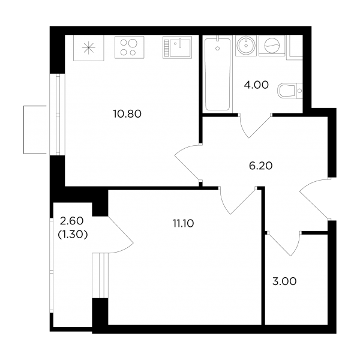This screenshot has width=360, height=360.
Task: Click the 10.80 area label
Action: tap(127, 114)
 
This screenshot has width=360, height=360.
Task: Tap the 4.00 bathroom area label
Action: tap(256, 85)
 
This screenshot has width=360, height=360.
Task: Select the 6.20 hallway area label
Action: tap(261, 166)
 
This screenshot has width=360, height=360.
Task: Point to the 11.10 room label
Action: tap(184, 223)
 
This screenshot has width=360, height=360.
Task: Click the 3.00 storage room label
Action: tap(284, 281)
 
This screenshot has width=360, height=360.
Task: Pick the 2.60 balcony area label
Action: tap(71, 221)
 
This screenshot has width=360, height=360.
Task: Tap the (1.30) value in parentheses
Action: tap(73, 235)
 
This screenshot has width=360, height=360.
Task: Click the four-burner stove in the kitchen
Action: tap(129, 47)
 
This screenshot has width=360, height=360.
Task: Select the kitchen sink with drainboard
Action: tap(177, 47)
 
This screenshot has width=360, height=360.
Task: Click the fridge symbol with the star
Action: tap(89, 48)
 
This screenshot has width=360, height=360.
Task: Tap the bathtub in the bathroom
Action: tap(218, 73)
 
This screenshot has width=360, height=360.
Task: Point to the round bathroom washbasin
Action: tap(246, 46)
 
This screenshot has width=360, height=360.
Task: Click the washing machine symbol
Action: tap(272, 46)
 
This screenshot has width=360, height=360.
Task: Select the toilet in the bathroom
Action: tap(290, 91)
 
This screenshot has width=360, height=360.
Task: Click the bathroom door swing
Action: tap(255, 126)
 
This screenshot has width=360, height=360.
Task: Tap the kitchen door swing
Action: tap(188, 163)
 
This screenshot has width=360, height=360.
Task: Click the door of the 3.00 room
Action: tap(284, 244)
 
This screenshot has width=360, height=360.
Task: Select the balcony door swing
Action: tap(121, 235)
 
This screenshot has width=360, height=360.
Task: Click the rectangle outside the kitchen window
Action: tap(35, 130)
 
